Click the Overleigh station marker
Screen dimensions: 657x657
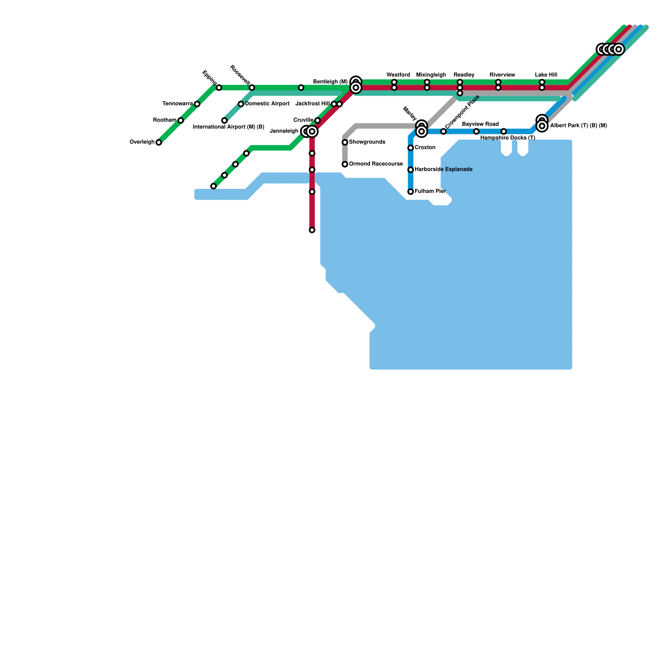(x=159, y=142)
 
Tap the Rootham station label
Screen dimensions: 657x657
(x=165, y=120)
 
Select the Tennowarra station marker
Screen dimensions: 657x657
(x=197, y=104)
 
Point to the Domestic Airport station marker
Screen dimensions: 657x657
(x=241, y=104)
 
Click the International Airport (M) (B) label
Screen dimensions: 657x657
(x=228, y=127)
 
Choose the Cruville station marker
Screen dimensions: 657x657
(x=317, y=120)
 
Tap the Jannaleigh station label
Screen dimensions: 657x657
(x=284, y=131)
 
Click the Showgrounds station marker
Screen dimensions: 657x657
(x=345, y=142)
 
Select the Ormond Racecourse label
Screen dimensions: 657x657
(x=376, y=164)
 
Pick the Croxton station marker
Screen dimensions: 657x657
(x=411, y=148)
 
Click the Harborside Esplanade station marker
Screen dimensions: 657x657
(x=411, y=170)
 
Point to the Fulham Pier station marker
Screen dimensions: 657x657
(x=411, y=192)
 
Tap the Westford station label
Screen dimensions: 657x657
(x=398, y=75)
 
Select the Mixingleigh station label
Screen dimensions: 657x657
(x=431, y=75)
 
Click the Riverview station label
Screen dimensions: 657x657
(x=502, y=75)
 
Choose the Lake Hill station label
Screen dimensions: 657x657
(x=546, y=75)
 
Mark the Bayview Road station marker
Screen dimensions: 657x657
(x=476, y=131)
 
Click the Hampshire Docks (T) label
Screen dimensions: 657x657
(x=508, y=138)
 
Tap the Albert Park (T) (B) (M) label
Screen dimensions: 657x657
(x=579, y=126)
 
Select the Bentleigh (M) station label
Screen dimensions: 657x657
(x=331, y=82)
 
